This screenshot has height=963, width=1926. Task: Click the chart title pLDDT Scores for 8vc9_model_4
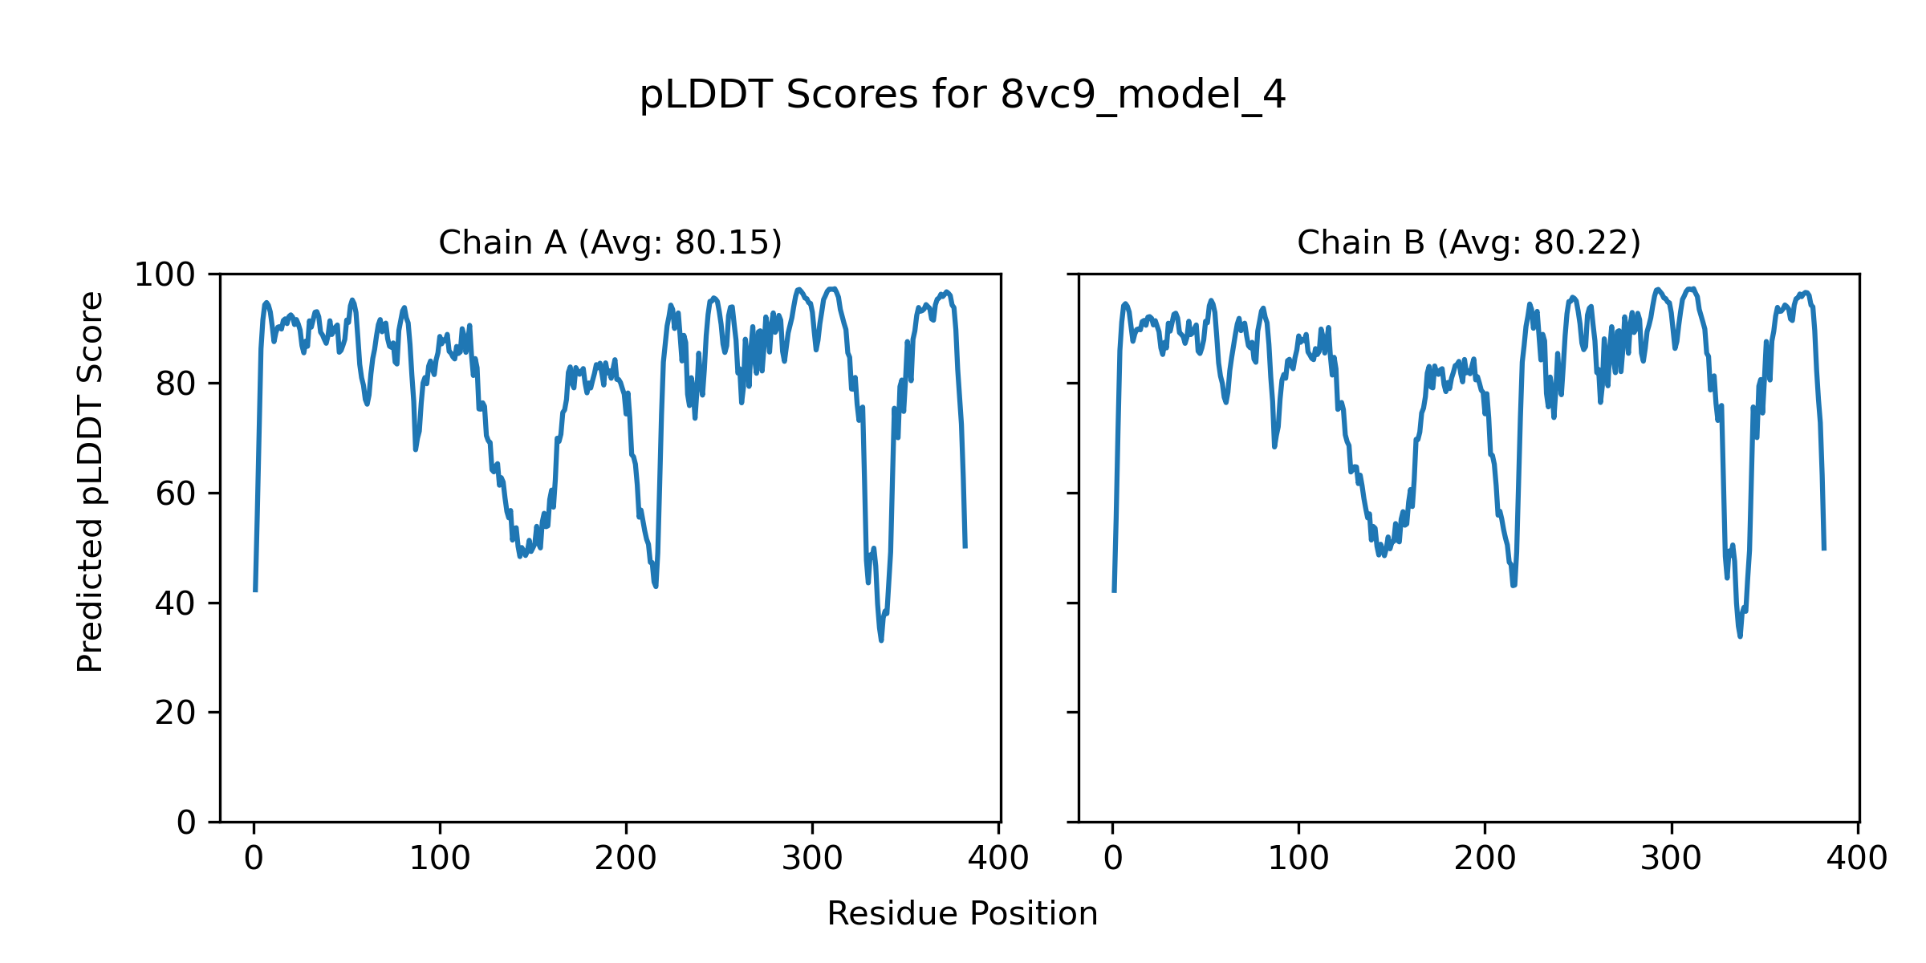click(x=962, y=95)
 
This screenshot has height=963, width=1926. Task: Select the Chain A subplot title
click(x=610, y=242)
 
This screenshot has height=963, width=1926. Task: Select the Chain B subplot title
click(x=1469, y=242)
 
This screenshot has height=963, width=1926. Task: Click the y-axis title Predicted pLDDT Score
click(x=90, y=481)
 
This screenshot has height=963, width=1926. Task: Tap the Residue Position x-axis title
click(x=962, y=914)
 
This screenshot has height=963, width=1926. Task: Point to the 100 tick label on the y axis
click(x=165, y=275)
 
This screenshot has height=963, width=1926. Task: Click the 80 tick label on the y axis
click(x=176, y=384)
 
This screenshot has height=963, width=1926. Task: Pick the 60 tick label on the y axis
click(x=176, y=494)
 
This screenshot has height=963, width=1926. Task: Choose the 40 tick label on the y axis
click(x=176, y=603)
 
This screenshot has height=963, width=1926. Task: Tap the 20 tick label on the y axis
click(x=176, y=713)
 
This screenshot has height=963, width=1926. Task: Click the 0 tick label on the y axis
click(x=186, y=823)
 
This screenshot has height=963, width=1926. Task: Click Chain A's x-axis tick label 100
click(x=440, y=859)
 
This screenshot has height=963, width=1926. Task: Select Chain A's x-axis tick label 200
click(x=626, y=859)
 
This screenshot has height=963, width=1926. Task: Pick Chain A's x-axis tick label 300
click(x=812, y=859)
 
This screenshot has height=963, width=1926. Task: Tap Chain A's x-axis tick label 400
click(x=998, y=859)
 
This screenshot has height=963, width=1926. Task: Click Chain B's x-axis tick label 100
click(x=1298, y=859)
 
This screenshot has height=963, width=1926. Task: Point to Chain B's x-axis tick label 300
click(x=1671, y=859)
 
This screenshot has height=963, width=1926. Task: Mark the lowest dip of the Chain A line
click(x=881, y=640)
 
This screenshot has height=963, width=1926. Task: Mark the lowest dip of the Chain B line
click(x=1740, y=636)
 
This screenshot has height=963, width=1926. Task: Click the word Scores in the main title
click(x=851, y=95)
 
